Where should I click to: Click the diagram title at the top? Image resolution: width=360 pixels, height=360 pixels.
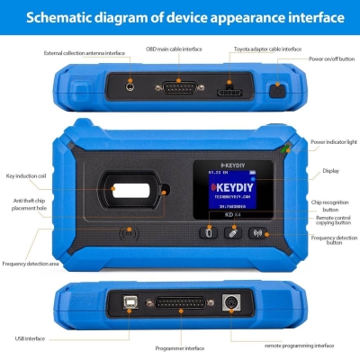click(x=180, y=17)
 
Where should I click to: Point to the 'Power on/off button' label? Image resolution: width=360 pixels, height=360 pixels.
click(x=331, y=59)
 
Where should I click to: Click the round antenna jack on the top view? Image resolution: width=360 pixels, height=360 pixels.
click(x=131, y=88)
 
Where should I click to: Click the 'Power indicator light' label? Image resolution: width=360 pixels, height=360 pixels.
click(x=334, y=142)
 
